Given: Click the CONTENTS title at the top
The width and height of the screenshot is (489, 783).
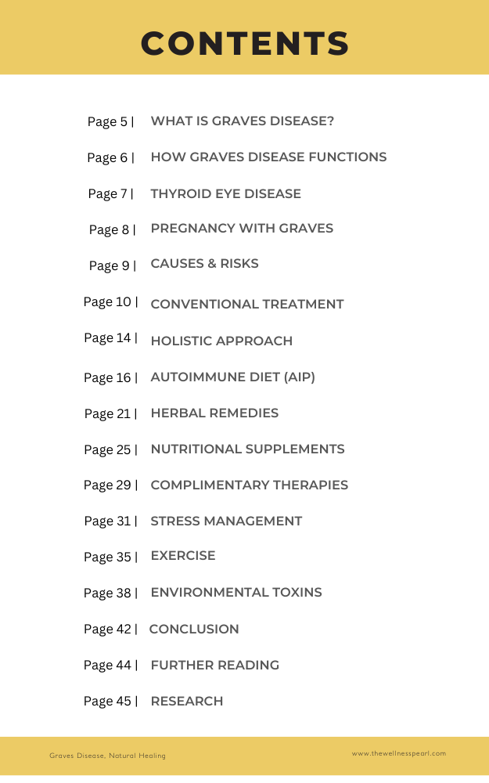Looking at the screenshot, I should (x=245, y=43).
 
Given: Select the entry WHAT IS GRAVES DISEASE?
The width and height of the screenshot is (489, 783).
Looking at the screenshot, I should (x=243, y=121).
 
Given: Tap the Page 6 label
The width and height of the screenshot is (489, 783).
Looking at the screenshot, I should (x=110, y=157).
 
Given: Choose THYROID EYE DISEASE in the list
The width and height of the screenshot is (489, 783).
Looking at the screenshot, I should (x=225, y=193).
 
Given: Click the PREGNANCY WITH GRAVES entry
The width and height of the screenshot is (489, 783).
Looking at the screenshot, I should (x=242, y=229).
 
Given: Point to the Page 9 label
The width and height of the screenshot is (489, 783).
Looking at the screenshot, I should (x=112, y=265).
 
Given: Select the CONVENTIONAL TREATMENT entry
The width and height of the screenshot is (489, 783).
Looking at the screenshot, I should (x=246, y=304).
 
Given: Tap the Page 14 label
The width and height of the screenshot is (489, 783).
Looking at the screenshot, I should (x=110, y=337).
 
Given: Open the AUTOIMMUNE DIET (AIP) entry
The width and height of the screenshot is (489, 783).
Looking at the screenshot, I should (x=232, y=377).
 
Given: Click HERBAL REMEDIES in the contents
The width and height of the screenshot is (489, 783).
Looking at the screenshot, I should (x=214, y=413).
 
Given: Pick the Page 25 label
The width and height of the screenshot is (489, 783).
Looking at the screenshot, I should (x=110, y=449).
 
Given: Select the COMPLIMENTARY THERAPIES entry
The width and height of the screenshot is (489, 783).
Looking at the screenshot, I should (x=249, y=485).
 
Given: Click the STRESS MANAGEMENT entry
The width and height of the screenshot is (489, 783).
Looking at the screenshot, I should (x=226, y=521).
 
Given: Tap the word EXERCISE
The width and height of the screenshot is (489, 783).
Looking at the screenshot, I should (x=183, y=555).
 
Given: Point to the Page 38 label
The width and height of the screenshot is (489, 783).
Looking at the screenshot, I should (x=110, y=593).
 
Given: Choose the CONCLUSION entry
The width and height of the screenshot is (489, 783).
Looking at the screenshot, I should (x=194, y=629).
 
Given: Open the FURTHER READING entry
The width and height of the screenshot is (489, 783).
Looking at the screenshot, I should (x=214, y=665).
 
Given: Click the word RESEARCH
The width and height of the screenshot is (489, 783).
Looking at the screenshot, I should (x=186, y=701).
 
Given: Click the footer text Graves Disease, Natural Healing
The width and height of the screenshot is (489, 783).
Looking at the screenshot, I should (x=107, y=756).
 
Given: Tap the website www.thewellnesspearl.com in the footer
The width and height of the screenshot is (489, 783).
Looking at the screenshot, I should (x=398, y=753).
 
